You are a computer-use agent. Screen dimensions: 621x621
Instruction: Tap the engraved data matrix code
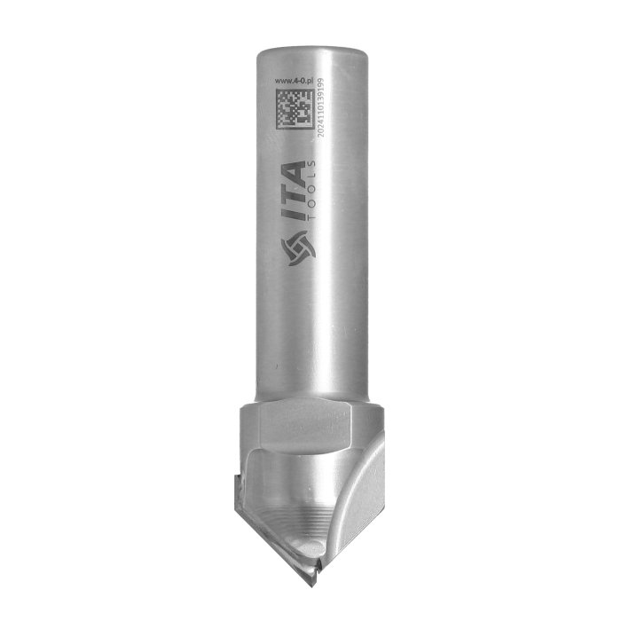[295, 108]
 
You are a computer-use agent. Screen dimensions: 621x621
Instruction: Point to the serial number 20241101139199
[321, 107]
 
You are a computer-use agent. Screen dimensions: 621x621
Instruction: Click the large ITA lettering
[294, 191]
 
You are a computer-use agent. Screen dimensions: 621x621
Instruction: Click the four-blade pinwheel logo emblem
[298, 248]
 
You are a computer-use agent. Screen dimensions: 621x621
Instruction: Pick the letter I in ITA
[294, 216]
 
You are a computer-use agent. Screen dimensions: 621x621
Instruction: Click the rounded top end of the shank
[311, 52]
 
